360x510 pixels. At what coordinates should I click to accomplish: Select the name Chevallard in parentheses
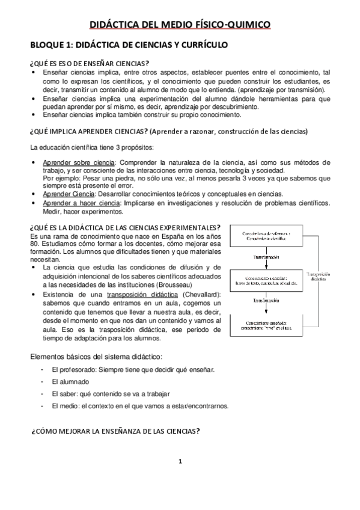[201, 293]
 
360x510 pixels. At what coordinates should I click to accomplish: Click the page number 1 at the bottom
[180, 461]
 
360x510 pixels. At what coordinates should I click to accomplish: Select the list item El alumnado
[70, 382]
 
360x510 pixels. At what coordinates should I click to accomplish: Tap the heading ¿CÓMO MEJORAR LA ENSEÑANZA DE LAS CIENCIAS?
[115, 431]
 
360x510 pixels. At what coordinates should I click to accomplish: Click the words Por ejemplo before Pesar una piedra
[59, 178]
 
